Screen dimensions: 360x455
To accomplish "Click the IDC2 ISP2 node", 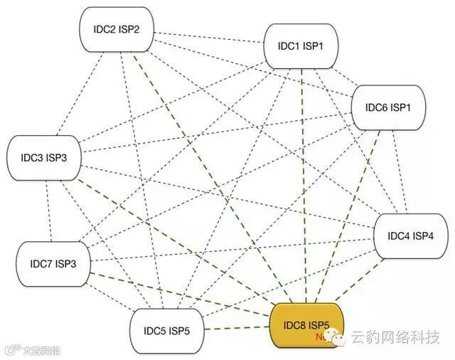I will pos(117,29).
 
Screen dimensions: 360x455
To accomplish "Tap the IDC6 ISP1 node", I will pos(387,108).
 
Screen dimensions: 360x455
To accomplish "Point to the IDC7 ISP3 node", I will pos(52,264).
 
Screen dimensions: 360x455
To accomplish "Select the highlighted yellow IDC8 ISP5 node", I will pos(306,327).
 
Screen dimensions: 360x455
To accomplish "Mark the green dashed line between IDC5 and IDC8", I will pos(237,329).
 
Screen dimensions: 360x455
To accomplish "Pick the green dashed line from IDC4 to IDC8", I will pos(363,281).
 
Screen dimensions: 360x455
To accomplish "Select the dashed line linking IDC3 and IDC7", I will pos(48,210).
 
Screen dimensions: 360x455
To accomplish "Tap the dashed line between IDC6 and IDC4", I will pos(403,171).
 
